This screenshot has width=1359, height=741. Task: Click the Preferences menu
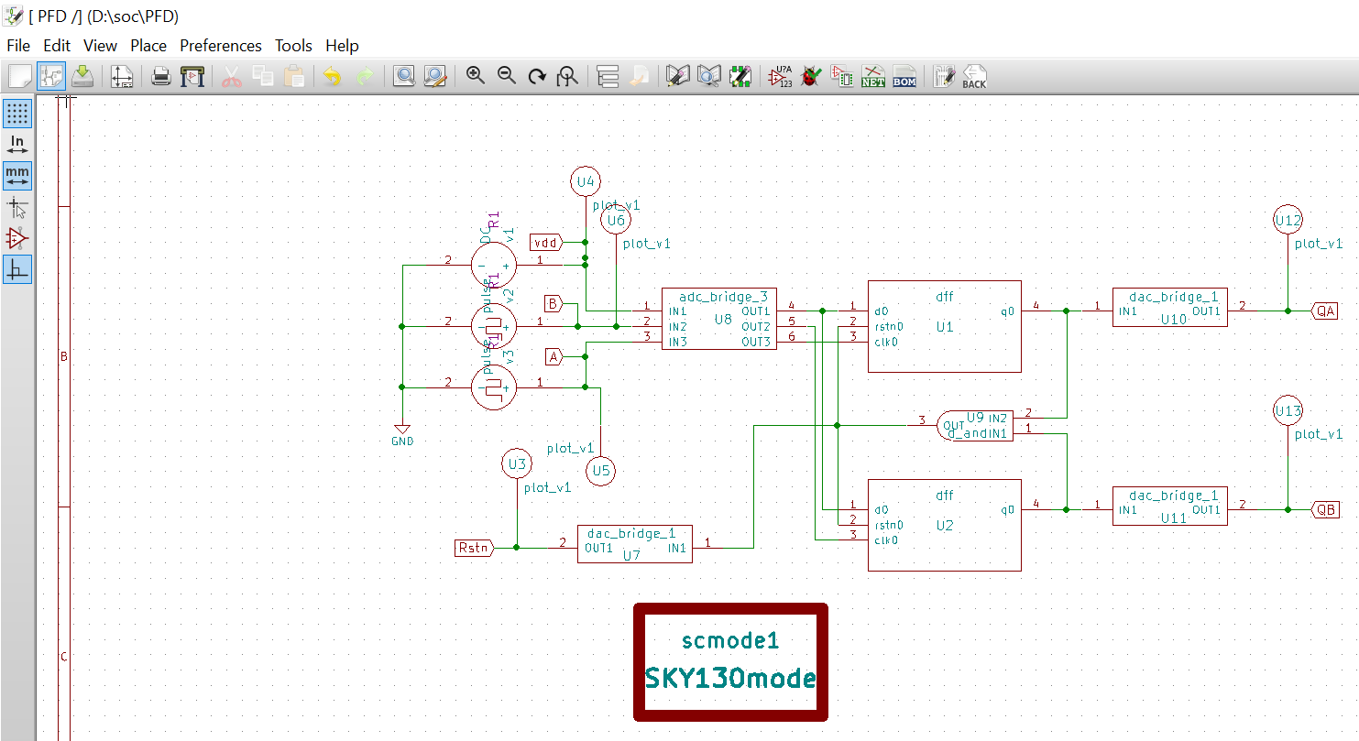(x=220, y=46)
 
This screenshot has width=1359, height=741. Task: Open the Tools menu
(x=293, y=46)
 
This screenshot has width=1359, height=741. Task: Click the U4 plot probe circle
(x=585, y=181)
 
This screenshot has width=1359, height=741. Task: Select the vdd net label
(x=545, y=242)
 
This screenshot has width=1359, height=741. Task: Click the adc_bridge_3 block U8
(x=718, y=319)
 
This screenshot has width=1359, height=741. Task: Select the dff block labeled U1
(x=944, y=326)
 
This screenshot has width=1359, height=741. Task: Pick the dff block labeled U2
(x=944, y=525)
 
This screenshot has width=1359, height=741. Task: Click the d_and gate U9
(x=974, y=425)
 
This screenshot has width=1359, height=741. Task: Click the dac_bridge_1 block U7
(x=634, y=544)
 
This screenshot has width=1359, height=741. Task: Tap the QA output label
(x=1324, y=311)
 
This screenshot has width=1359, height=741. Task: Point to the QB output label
(x=1324, y=509)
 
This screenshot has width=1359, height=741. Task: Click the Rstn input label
(x=474, y=548)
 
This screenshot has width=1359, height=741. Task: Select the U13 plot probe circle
(x=1288, y=411)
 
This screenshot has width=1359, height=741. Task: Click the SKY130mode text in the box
(x=730, y=679)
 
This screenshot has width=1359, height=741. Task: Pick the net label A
(x=553, y=356)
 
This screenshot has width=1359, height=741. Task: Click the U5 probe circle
(x=600, y=471)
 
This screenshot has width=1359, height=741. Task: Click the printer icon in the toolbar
(x=161, y=77)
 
